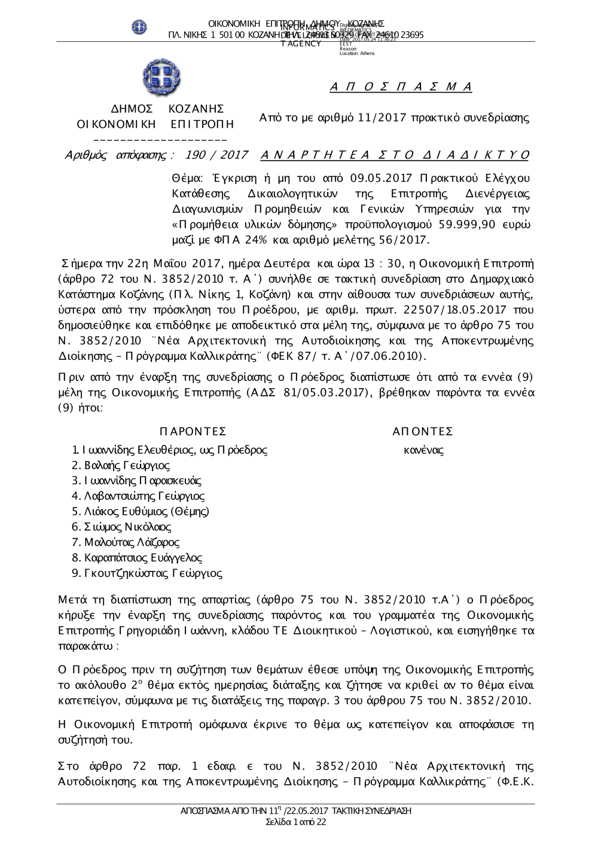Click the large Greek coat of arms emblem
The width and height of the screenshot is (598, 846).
click(x=161, y=77)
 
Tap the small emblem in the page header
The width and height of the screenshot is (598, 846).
click(x=139, y=26)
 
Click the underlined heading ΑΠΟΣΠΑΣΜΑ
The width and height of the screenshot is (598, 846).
click(x=401, y=87)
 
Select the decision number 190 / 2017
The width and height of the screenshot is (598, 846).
click(x=217, y=155)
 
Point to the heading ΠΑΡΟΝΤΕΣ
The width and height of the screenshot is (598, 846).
click(x=193, y=432)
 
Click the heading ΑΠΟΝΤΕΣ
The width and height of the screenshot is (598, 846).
click(x=423, y=432)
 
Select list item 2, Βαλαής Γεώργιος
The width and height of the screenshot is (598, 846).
click(x=121, y=465)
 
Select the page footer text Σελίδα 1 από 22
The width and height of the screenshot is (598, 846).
click(x=296, y=823)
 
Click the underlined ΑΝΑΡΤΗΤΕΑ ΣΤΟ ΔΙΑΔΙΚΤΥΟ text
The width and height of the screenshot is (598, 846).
click(x=395, y=155)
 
